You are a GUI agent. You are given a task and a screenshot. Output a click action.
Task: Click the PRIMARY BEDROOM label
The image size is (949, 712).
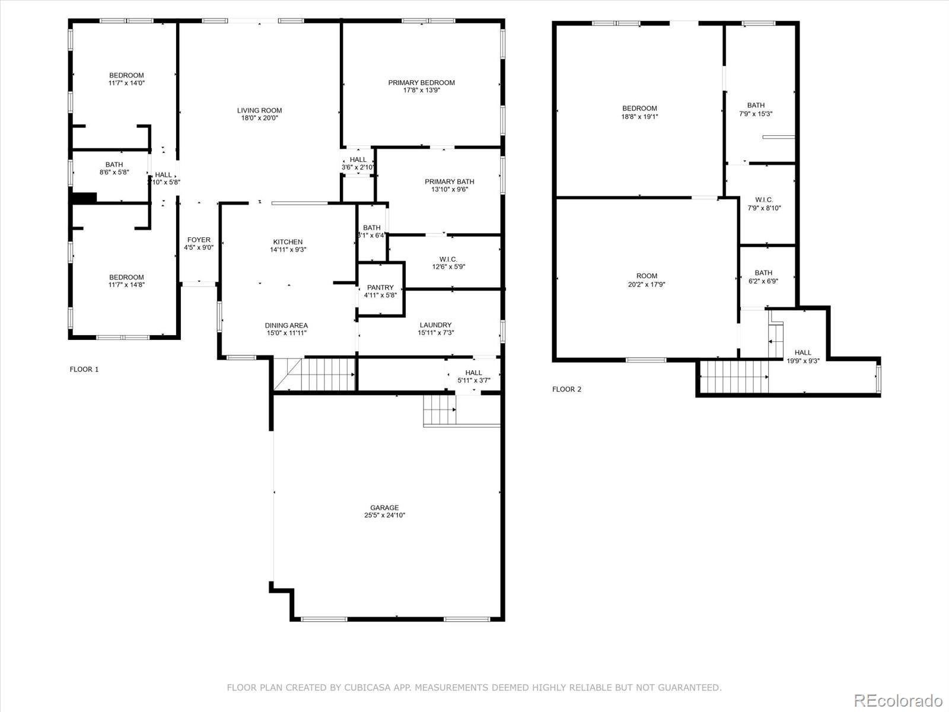tap(421, 82)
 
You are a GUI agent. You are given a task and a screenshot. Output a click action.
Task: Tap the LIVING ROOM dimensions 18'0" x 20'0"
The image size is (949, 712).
tap(259, 118)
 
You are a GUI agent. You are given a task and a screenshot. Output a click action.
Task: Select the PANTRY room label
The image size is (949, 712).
tap(380, 287)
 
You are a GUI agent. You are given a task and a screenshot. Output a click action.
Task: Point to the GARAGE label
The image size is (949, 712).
tap(384, 507)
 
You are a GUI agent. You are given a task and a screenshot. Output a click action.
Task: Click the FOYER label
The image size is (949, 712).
tap(199, 240)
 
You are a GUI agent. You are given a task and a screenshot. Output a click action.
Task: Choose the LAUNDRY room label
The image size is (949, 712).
tap(435, 325)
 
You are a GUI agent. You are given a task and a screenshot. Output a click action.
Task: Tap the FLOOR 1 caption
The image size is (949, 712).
tap(84, 369)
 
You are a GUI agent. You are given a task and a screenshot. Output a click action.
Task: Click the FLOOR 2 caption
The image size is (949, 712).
tap(566, 389)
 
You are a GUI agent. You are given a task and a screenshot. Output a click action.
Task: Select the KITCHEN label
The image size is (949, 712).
tap(288, 241)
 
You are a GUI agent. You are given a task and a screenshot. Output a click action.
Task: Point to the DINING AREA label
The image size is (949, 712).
tap(286, 325)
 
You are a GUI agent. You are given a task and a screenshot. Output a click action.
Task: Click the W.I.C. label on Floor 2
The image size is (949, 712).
tap(764, 200)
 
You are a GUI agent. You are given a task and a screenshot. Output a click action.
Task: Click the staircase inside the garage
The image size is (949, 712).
tap(439, 411)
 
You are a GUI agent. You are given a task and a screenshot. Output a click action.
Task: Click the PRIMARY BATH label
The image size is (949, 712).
tap(449, 182)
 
